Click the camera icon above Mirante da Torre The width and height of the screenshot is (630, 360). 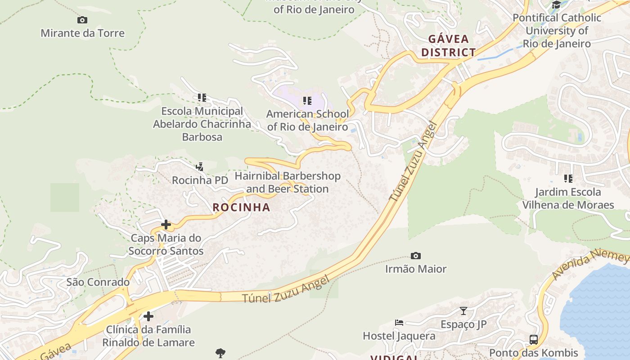(82, 20)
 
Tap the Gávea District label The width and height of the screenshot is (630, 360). (449, 45)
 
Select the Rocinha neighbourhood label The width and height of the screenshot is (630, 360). (241, 207)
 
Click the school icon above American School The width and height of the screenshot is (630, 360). (307, 100)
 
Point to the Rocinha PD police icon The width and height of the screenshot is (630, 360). (200, 167)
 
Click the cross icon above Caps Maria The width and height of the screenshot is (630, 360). (166, 224)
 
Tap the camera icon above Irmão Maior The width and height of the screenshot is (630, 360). (416, 256)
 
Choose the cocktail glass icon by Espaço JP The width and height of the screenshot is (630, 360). (463, 310)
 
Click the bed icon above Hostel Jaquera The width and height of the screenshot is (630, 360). (399, 322)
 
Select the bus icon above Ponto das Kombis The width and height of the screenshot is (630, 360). (534, 339)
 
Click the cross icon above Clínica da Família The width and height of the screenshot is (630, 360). (148, 316)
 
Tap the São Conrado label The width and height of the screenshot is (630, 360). (98, 282)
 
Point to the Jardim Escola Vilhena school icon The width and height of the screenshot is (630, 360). (568, 179)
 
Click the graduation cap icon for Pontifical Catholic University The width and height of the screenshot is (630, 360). (557, 5)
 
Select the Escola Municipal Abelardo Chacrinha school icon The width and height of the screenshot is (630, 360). (202, 97)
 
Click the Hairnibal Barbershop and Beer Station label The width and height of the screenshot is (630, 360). (288, 182)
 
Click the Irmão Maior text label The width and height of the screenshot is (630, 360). (416, 269)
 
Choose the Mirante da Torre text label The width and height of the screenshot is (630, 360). (82, 33)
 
